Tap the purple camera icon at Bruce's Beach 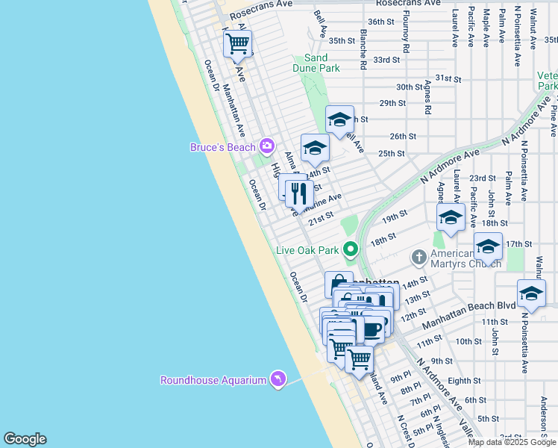pos(266,146)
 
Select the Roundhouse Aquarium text pos(213,380)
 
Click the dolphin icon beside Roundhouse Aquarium pos(278,380)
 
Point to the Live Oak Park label pos(307,250)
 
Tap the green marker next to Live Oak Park pos(349,249)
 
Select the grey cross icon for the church pos(419,258)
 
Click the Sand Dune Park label pos(322,63)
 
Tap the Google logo pos(25,439)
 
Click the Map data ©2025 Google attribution pos(512,442)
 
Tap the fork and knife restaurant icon pos(299,193)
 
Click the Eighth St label pos(464,381)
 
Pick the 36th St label pos(380,22)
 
